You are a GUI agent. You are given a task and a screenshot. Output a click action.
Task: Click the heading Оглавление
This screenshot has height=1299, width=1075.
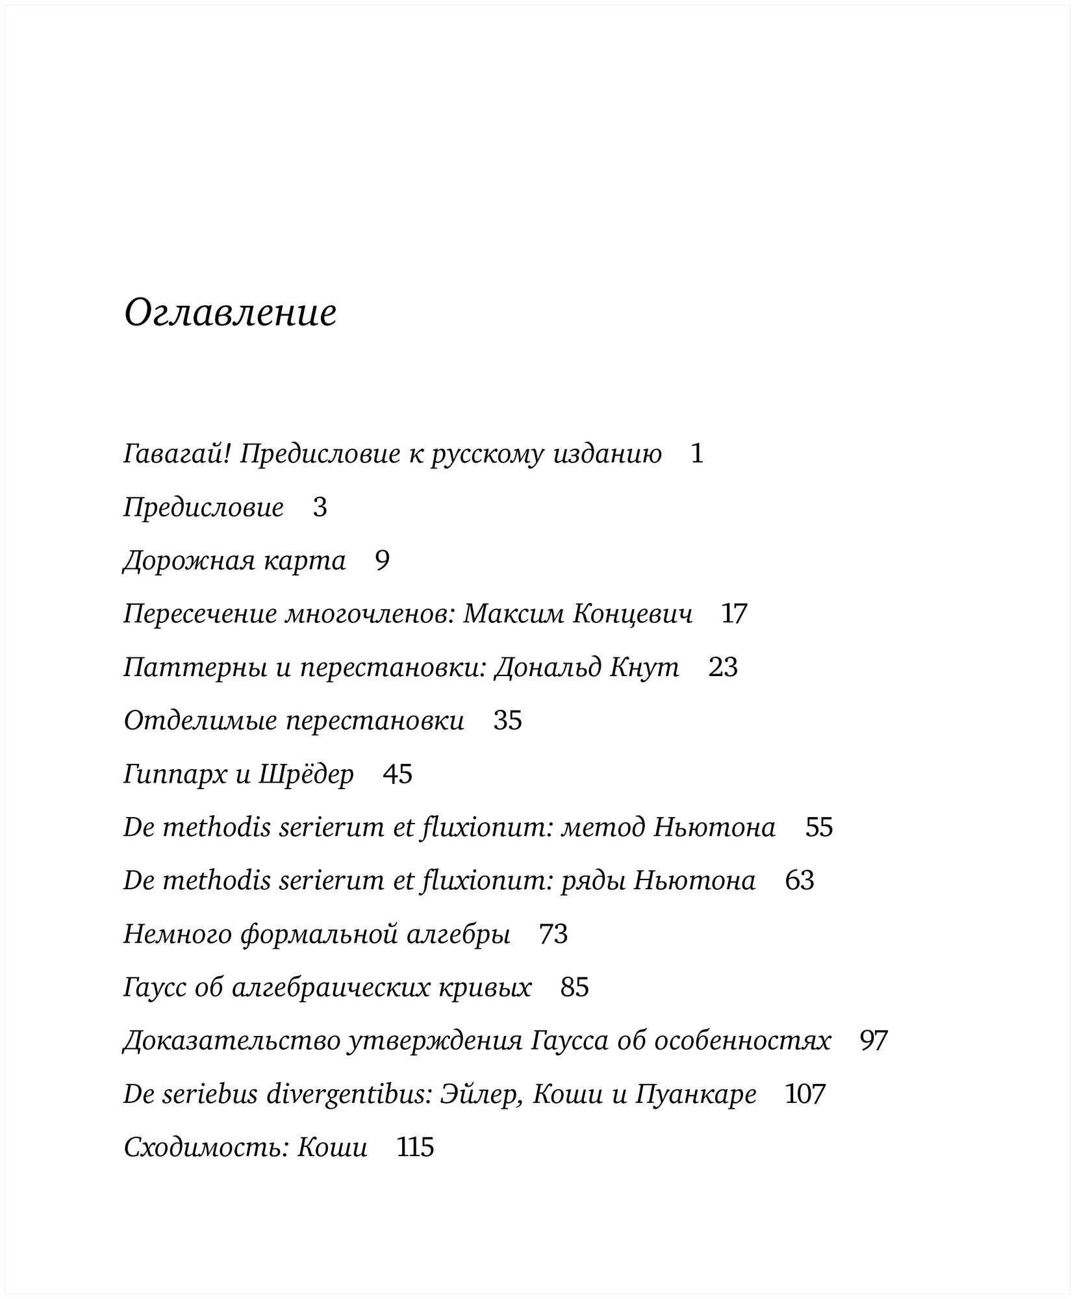(230, 314)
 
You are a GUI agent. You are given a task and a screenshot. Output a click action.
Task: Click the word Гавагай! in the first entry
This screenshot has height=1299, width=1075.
(177, 454)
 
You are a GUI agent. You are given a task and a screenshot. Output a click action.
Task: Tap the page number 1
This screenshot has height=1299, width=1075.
(697, 453)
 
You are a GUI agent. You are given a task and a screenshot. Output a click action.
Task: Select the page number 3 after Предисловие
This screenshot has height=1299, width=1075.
(320, 507)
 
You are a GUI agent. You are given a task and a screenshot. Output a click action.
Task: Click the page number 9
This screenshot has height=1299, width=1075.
(382, 561)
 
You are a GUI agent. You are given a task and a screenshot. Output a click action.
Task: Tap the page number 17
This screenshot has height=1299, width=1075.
(735, 614)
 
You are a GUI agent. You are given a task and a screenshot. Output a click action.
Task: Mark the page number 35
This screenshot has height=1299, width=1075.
(508, 720)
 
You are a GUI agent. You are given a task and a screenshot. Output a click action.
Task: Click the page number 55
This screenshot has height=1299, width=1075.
(819, 827)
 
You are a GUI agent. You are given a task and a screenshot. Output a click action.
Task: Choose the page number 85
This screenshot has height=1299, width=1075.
(575, 988)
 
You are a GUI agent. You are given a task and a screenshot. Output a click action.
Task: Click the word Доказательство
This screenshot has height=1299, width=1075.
(231, 1041)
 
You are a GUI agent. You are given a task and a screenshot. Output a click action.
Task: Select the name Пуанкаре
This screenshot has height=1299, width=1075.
(696, 1094)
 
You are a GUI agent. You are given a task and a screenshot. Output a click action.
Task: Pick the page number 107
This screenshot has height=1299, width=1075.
(805, 1094)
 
